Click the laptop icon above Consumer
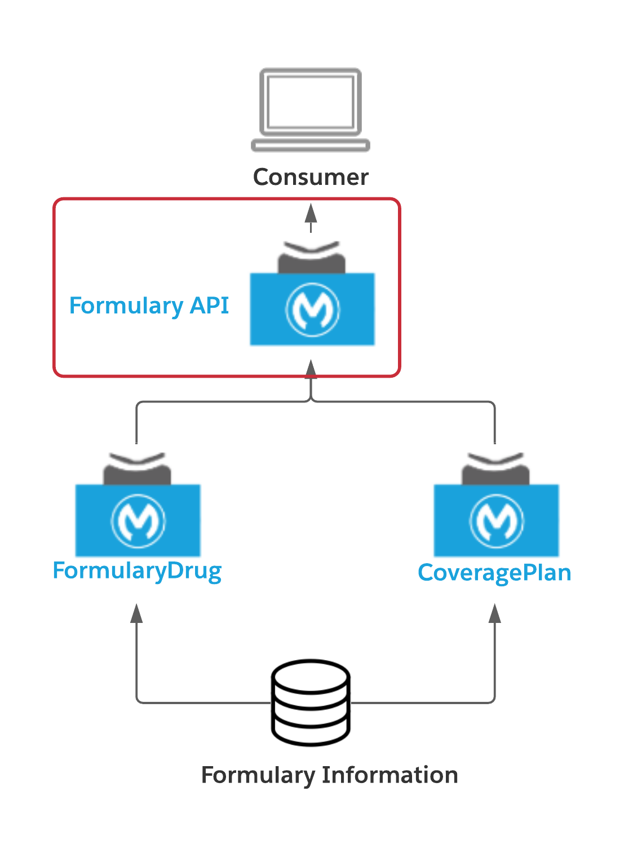pos(310,110)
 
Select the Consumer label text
pos(311,177)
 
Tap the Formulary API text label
pos(149,306)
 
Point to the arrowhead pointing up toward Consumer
pos(311,214)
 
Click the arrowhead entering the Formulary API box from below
pos(311,369)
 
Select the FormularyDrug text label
pos(137,571)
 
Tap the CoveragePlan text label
pos(494,573)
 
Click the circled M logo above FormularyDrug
pos(138,521)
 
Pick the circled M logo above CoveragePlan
pos(496,521)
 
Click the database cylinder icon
pos(311,702)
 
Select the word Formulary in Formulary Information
pos(258,775)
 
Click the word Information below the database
pos(389,775)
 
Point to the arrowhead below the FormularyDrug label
pos(136,613)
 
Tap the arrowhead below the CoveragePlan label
pos(495,613)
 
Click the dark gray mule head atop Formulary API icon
pos(312,262)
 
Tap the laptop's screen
pos(311,101)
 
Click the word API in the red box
pos(209,306)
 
